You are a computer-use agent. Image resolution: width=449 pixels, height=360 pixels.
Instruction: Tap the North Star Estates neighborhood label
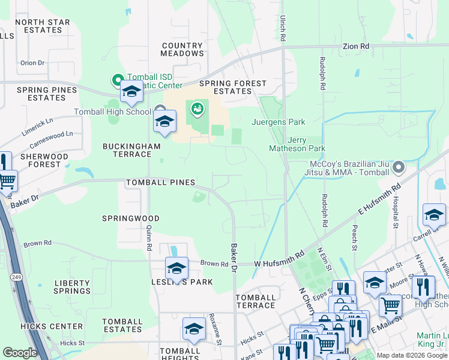43,26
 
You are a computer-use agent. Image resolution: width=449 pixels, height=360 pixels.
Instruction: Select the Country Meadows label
182,50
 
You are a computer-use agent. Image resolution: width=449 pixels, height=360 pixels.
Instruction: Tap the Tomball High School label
112,112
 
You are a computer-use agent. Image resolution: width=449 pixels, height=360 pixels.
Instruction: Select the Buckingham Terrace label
132,150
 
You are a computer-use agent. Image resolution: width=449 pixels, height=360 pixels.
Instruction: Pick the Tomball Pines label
160,182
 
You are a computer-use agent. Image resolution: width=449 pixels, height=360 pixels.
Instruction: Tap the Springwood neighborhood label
131,218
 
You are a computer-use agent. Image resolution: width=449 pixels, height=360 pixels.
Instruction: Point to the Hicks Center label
59,326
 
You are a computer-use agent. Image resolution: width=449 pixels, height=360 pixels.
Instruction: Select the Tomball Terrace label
256,301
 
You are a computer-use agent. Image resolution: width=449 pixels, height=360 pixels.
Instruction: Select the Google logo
20,353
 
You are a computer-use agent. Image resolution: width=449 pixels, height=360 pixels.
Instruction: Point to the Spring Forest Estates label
233,87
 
